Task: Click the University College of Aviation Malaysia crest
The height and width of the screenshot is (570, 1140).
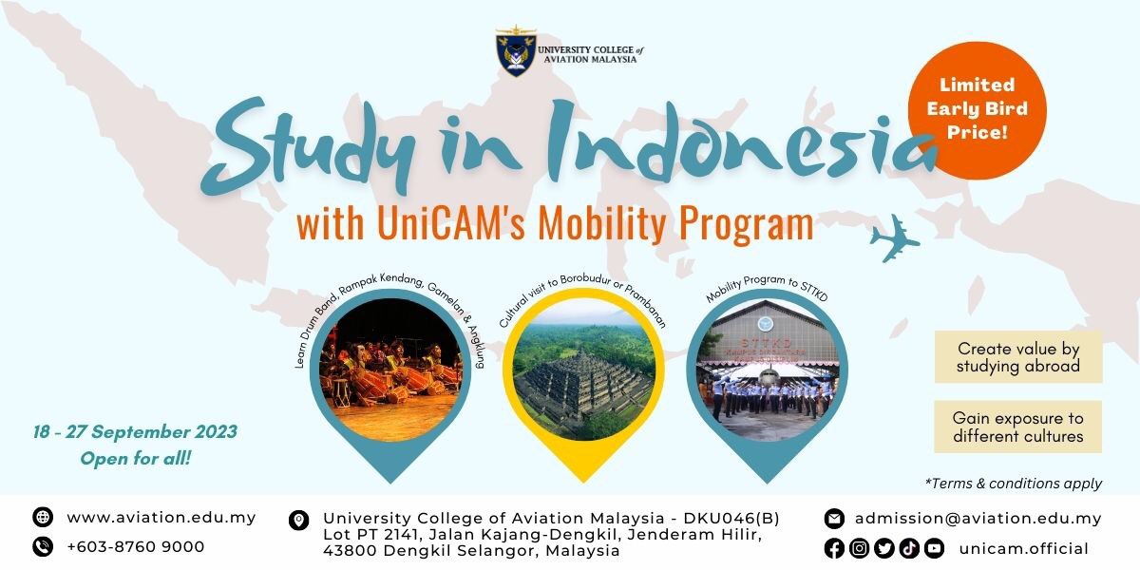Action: click(x=516, y=51)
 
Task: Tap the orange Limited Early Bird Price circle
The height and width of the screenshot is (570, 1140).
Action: click(x=978, y=109)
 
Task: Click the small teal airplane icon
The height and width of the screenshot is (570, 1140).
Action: click(x=895, y=238)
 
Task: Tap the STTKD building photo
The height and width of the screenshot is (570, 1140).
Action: click(x=767, y=370)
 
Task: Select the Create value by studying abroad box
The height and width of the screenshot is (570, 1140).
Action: click(x=1017, y=357)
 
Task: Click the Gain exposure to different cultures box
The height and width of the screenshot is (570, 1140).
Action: click(x=1017, y=427)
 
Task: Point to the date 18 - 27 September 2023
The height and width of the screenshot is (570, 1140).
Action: click(x=135, y=432)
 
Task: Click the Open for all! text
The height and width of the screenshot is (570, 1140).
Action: click(x=135, y=459)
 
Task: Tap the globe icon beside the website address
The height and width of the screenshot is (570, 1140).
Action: click(x=43, y=517)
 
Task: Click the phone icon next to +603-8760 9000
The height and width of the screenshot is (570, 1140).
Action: click(x=43, y=546)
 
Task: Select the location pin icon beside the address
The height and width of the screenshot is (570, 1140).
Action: click(x=298, y=521)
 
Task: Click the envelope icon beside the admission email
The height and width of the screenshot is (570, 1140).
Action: click(x=834, y=519)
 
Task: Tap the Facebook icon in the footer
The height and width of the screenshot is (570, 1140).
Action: click(x=834, y=548)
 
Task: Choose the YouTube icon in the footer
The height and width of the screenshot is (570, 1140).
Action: click(x=935, y=548)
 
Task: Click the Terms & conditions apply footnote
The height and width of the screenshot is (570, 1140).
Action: click(x=1014, y=484)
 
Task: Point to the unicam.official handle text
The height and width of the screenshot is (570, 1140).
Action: click(x=1024, y=549)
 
